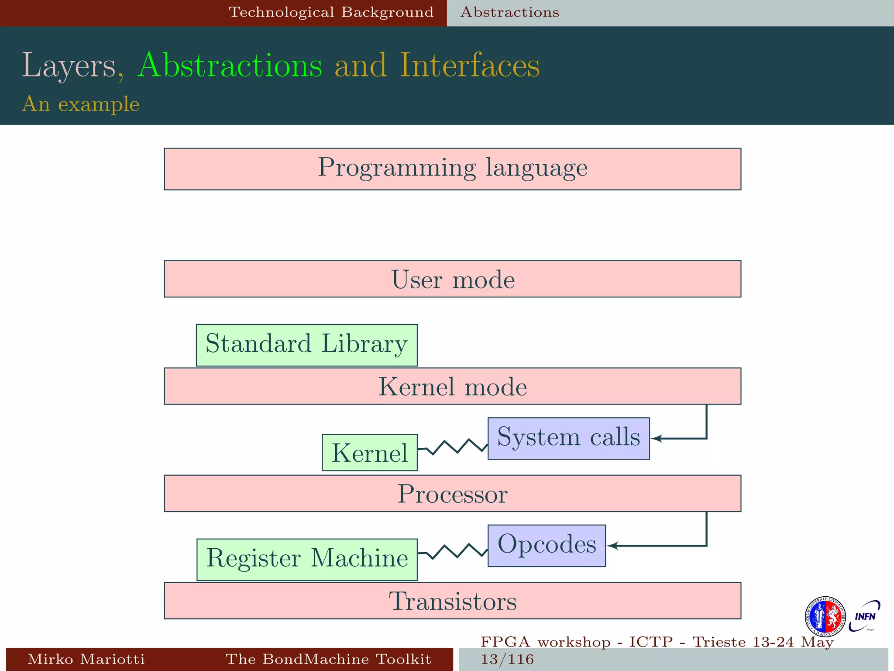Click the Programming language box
(452, 169)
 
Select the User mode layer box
(452, 279)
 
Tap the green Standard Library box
(306, 345)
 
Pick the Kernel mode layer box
(452, 386)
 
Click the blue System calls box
(568, 438)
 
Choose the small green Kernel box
(369, 452)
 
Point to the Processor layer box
(452, 493)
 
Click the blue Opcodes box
(547, 546)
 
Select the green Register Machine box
(307, 559)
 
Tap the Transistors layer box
(452, 601)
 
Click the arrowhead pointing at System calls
(656, 438)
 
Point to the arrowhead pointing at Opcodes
(612, 546)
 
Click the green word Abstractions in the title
(230, 66)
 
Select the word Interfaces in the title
(470, 66)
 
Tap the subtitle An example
(80, 104)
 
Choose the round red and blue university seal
(825, 616)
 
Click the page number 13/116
(507, 659)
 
